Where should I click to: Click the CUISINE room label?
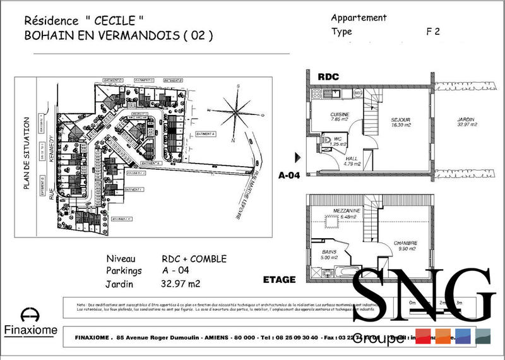coord(340,114)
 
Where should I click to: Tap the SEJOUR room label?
coord(401,120)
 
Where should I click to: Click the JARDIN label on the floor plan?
coord(467,121)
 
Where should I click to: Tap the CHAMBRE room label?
coord(405,243)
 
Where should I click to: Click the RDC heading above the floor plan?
coord(328,76)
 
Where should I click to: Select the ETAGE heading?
coord(278,279)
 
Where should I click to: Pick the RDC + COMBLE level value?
coord(194,259)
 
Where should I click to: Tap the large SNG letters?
coord(422,297)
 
